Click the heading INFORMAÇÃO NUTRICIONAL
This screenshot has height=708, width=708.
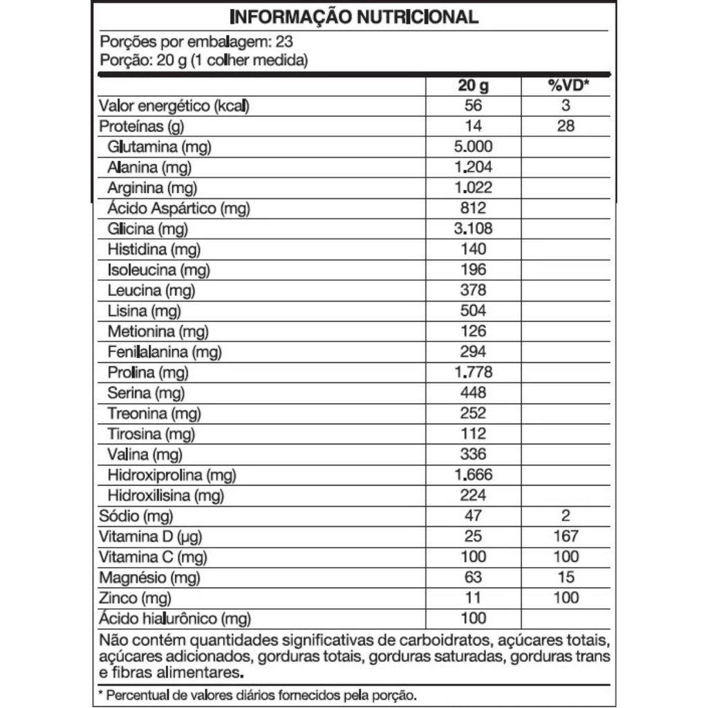(x=353, y=17)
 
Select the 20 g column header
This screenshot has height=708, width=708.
(x=473, y=86)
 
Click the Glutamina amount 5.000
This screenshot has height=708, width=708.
(x=473, y=147)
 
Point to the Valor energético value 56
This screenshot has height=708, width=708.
(x=473, y=106)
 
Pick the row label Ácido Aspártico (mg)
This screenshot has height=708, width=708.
(x=178, y=208)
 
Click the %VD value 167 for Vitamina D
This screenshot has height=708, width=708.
(x=566, y=536)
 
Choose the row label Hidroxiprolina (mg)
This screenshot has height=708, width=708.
(x=171, y=475)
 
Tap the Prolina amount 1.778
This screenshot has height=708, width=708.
(x=473, y=373)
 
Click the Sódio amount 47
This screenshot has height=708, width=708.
(x=473, y=516)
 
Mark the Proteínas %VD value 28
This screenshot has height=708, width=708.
(x=566, y=127)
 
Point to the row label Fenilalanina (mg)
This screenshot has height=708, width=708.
(x=165, y=352)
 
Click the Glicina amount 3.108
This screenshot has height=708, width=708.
(x=473, y=229)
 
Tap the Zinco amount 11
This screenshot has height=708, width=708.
(x=473, y=598)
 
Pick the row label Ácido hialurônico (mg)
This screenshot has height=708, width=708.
(x=175, y=619)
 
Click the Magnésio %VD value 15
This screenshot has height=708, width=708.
(x=566, y=577)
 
